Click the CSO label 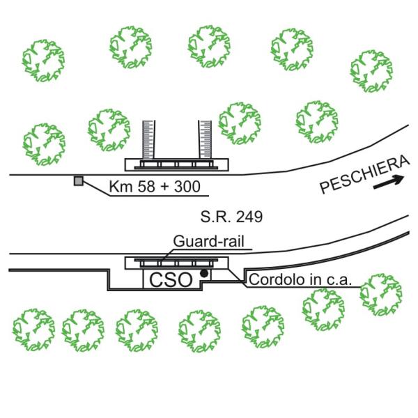(x=171, y=280)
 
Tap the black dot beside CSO (x=204, y=273)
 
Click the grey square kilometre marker (x=78, y=180)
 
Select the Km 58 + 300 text (x=155, y=186)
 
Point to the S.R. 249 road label (x=231, y=217)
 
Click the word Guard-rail (x=209, y=241)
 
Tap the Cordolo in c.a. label (x=300, y=279)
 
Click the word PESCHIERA (x=364, y=175)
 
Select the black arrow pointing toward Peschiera (x=389, y=182)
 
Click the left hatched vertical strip (x=149, y=140)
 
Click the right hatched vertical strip (x=206, y=139)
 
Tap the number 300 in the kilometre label (x=187, y=186)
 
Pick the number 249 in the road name (x=249, y=217)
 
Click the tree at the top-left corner (x=43, y=61)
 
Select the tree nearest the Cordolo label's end (x=381, y=295)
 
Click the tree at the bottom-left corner (x=34, y=330)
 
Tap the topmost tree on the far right (x=371, y=71)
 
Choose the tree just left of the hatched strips (x=109, y=130)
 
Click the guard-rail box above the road (x=177, y=164)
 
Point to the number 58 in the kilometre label (x=146, y=186)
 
